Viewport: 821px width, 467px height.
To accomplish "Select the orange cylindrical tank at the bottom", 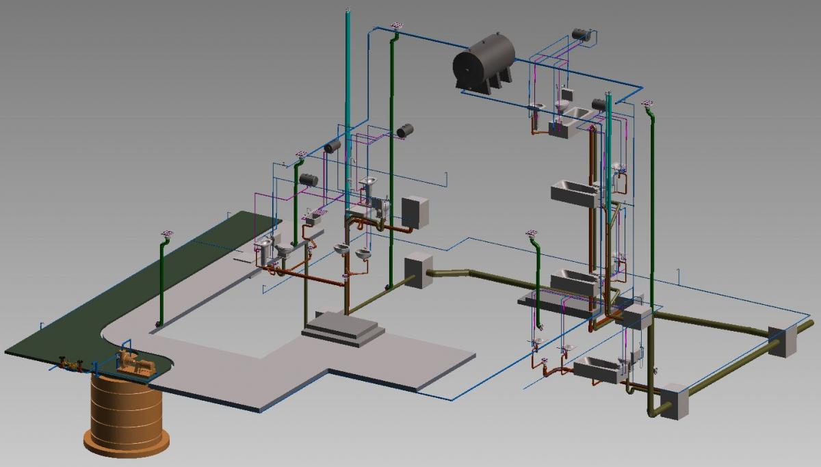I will (x=126, y=417).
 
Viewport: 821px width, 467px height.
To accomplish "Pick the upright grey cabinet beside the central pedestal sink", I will (x=414, y=213).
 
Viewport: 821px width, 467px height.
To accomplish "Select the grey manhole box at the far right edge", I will (x=782, y=341).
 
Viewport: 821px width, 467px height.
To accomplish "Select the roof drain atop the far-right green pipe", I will (x=647, y=103).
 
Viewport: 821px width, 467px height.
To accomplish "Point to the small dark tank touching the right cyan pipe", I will (x=599, y=104).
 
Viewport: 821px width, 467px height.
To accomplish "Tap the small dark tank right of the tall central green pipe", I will (x=405, y=129).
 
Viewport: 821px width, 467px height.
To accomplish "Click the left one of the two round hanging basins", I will (x=341, y=250).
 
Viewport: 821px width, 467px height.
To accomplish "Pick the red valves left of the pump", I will (x=69, y=362).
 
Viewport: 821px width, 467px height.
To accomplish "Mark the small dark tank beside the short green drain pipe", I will (x=309, y=179).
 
